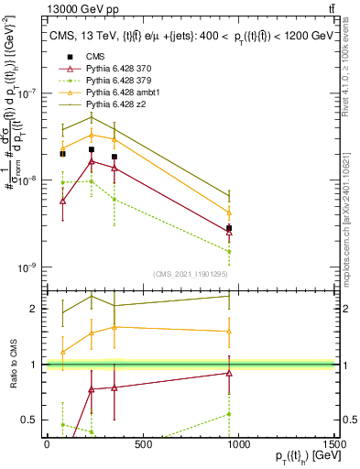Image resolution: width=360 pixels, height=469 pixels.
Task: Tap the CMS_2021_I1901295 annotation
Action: click(x=190, y=274)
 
